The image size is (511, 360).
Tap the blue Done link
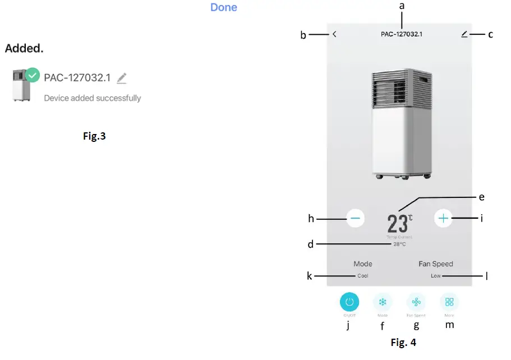(224, 8)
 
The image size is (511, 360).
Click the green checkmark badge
(33, 74)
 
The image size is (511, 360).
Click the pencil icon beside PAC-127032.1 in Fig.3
(122, 79)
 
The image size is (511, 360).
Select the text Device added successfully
(93, 98)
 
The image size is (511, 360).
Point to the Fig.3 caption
(94, 136)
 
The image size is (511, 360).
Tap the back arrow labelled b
(334, 34)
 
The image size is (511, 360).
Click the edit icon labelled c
(464, 34)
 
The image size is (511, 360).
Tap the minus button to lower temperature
(356, 218)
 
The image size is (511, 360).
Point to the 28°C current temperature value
(399, 244)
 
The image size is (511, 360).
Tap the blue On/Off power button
(349, 302)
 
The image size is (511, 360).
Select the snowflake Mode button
(383, 302)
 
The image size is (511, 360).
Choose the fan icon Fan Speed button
(416, 302)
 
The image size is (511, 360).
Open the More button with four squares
(449, 302)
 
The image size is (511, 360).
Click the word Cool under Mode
(363, 276)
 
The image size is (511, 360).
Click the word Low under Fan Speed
(436, 276)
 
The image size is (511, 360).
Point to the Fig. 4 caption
(403, 342)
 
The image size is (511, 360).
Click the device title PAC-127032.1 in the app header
(402, 34)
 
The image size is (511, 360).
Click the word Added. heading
(24, 48)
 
